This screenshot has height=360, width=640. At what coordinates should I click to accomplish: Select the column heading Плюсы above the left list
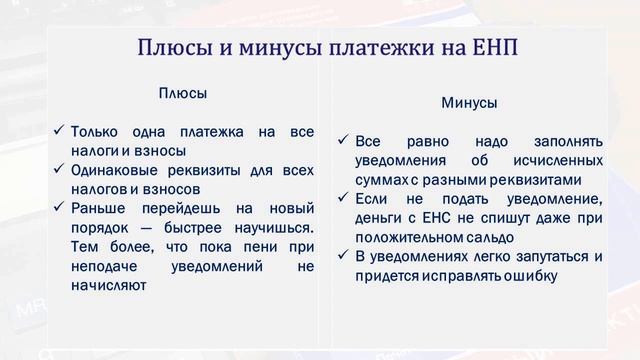183,93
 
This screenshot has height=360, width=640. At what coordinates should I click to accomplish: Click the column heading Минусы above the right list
469,103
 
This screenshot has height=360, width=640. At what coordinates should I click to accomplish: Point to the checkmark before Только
59,131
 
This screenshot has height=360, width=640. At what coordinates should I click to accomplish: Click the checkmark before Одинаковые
59,169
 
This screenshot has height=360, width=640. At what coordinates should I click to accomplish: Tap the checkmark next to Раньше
59,207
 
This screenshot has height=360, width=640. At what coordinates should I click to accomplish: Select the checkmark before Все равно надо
343,141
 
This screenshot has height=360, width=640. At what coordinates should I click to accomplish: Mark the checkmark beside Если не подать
343,198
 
